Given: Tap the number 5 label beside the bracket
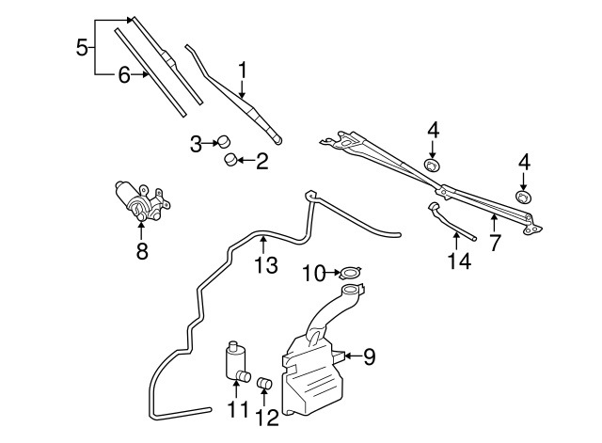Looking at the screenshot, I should pos(82,45).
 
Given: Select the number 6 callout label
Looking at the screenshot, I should pos(124,75).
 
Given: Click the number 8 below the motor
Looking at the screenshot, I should pos(142,251).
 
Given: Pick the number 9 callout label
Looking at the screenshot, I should pos(369,356).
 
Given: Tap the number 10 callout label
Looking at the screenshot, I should pos(313,274).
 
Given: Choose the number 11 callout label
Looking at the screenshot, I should pos(234,410).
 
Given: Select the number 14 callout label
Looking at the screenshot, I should pos(458,261).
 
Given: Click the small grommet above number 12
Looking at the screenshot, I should pos(264,383).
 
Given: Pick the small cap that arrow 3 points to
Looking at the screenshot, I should pos(224,143).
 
